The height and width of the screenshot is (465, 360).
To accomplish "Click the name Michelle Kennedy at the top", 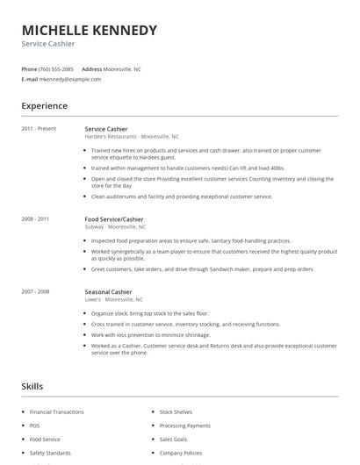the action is click(x=89, y=30).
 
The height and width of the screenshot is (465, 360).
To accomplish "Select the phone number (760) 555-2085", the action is click(x=57, y=68).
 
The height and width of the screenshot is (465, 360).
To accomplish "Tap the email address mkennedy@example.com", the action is click(x=70, y=79).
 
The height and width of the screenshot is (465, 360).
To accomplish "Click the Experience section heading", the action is click(x=45, y=106).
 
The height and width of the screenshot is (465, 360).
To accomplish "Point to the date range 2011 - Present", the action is click(x=39, y=129).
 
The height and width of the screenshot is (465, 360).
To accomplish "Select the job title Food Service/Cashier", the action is click(x=113, y=219).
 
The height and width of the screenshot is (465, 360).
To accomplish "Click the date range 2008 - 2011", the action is click(x=35, y=219).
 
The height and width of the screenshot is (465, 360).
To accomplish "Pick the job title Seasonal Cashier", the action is click(x=108, y=291).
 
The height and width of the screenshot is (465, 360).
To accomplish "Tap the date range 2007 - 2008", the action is click(x=35, y=291).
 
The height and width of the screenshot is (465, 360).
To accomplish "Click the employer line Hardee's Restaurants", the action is click(x=131, y=137).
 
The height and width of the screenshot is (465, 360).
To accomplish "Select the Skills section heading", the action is click(x=32, y=386).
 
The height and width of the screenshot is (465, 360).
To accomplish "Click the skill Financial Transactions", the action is click(x=57, y=411).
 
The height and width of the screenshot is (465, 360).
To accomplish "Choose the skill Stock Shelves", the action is click(x=176, y=411).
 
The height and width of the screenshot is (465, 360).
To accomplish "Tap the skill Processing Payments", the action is click(x=185, y=426).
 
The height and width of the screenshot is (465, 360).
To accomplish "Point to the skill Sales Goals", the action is click(x=173, y=439).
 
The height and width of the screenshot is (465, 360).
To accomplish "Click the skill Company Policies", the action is click(x=181, y=453).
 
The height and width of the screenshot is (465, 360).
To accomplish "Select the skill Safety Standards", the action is click(x=50, y=453).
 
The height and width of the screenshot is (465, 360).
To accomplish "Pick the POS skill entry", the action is click(x=34, y=426).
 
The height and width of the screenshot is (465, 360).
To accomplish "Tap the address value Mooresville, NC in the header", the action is click(x=124, y=68).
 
